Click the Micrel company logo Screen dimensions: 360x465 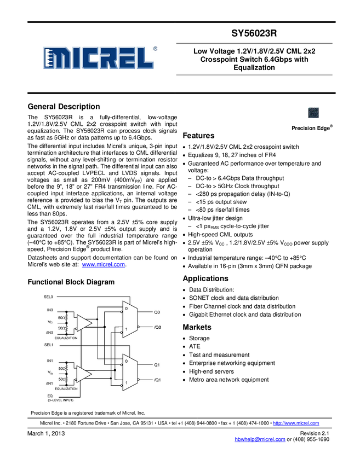[x=99, y=57]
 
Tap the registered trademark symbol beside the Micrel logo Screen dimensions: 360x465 [x=156, y=48]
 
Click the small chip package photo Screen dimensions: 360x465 [x=313, y=113]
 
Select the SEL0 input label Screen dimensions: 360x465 [x=49, y=297]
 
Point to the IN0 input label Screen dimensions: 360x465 [x=50, y=310]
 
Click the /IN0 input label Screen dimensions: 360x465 [x=50, y=333]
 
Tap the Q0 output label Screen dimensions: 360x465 [x=157, y=312]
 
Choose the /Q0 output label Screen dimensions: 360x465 [x=158, y=327]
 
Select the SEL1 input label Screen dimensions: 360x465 [x=49, y=345]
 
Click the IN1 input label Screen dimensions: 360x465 [x=50, y=361]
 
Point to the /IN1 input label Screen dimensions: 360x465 [x=50, y=383]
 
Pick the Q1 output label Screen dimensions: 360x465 [x=157, y=365]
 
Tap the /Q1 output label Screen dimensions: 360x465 [x=157, y=380]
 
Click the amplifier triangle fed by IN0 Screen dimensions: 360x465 [x=84, y=323]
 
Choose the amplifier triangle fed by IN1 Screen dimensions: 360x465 [x=84, y=374]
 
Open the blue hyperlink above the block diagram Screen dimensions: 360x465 [x=104, y=264]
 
